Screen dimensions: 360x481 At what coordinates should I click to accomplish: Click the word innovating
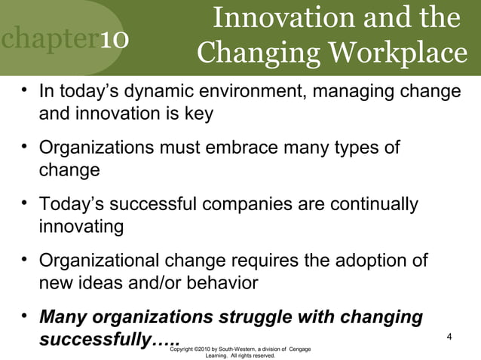[81, 227]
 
